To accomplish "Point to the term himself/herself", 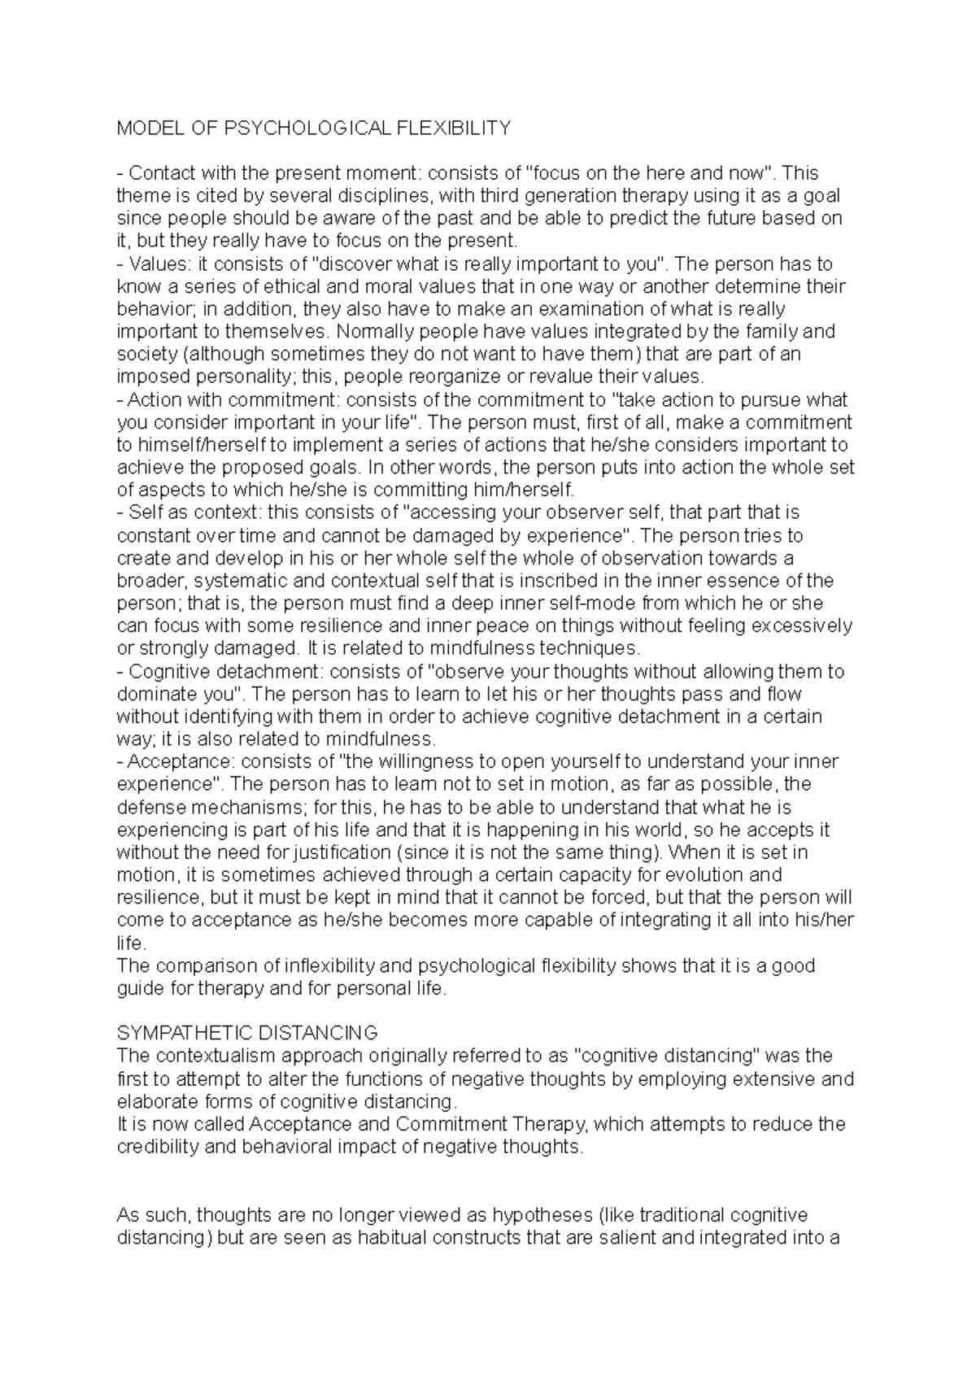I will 198,445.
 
